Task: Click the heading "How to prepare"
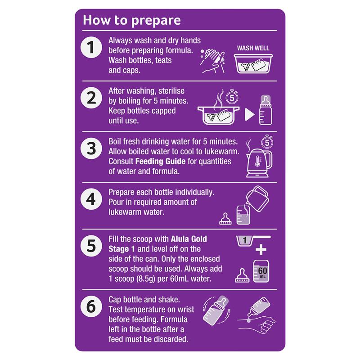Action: click(x=132, y=20)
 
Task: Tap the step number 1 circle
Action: click(x=91, y=47)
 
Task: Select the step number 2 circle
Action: click(x=91, y=98)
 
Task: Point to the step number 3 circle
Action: click(x=91, y=148)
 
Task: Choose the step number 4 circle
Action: click(x=91, y=199)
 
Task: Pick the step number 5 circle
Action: click(x=91, y=246)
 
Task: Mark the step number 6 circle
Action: click(x=91, y=306)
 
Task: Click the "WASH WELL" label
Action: click(x=253, y=48)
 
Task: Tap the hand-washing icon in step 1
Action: click(x=212, y=61)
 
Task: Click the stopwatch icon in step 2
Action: click(x=232, y=97)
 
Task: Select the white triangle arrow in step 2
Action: click(x=250, y=114)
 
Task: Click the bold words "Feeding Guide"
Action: click(x=160, y=162)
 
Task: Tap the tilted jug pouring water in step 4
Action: click(x=257, y=198)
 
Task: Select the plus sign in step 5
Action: click(x=261, y=250)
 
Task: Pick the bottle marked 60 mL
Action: click(x=261, y=271)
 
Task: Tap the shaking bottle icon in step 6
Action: click(x=216, y=310)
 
